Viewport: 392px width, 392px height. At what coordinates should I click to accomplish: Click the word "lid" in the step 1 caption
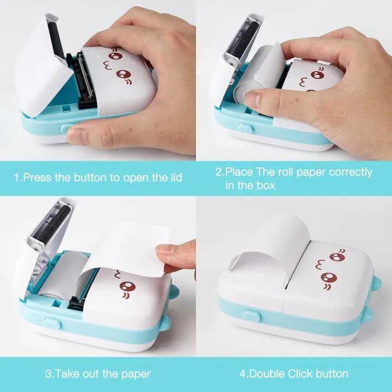tap(174, 177)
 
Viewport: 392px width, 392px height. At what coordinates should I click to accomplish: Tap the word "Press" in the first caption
tap(39, 177)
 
